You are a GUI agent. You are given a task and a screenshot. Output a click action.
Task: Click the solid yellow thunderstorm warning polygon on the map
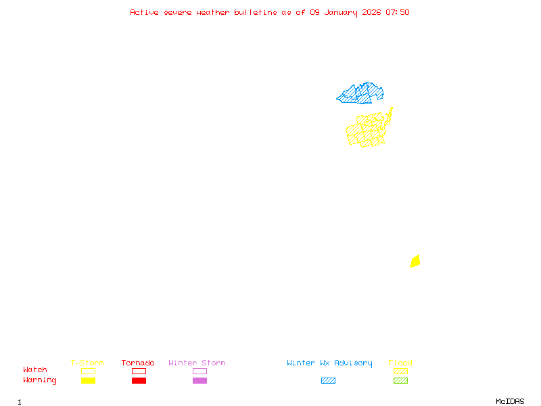click(415, 261)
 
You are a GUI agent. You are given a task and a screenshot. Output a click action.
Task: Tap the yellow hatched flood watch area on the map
click(366, 131)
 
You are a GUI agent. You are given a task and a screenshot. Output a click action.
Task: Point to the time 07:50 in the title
click(398, 12)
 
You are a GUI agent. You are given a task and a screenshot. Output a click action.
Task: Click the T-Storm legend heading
click(87, 363)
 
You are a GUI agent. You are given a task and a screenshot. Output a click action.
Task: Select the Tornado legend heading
click(138, 363)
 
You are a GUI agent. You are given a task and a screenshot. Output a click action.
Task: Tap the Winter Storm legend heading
click(197, 363)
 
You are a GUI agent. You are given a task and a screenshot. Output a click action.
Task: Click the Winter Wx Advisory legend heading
click(329, 363)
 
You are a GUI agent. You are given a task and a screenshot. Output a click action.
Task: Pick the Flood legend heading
click(400, 363)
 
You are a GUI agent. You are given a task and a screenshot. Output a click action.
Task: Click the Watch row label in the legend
click(35, 370)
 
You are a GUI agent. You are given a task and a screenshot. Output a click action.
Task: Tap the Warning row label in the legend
click(40, 380)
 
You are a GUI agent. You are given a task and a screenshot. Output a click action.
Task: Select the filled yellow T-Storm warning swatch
click(88, 381)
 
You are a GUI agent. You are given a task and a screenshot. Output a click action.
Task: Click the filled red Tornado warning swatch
click(139, 381)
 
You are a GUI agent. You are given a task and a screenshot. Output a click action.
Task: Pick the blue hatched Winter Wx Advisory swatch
click(328, 381)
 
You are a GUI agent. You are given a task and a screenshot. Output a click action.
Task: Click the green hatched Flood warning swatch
click(400, 381)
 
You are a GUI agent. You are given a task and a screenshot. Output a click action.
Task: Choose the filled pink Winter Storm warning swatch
click(199, 381)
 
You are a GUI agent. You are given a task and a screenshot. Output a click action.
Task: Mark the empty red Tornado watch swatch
click(139, 371)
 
